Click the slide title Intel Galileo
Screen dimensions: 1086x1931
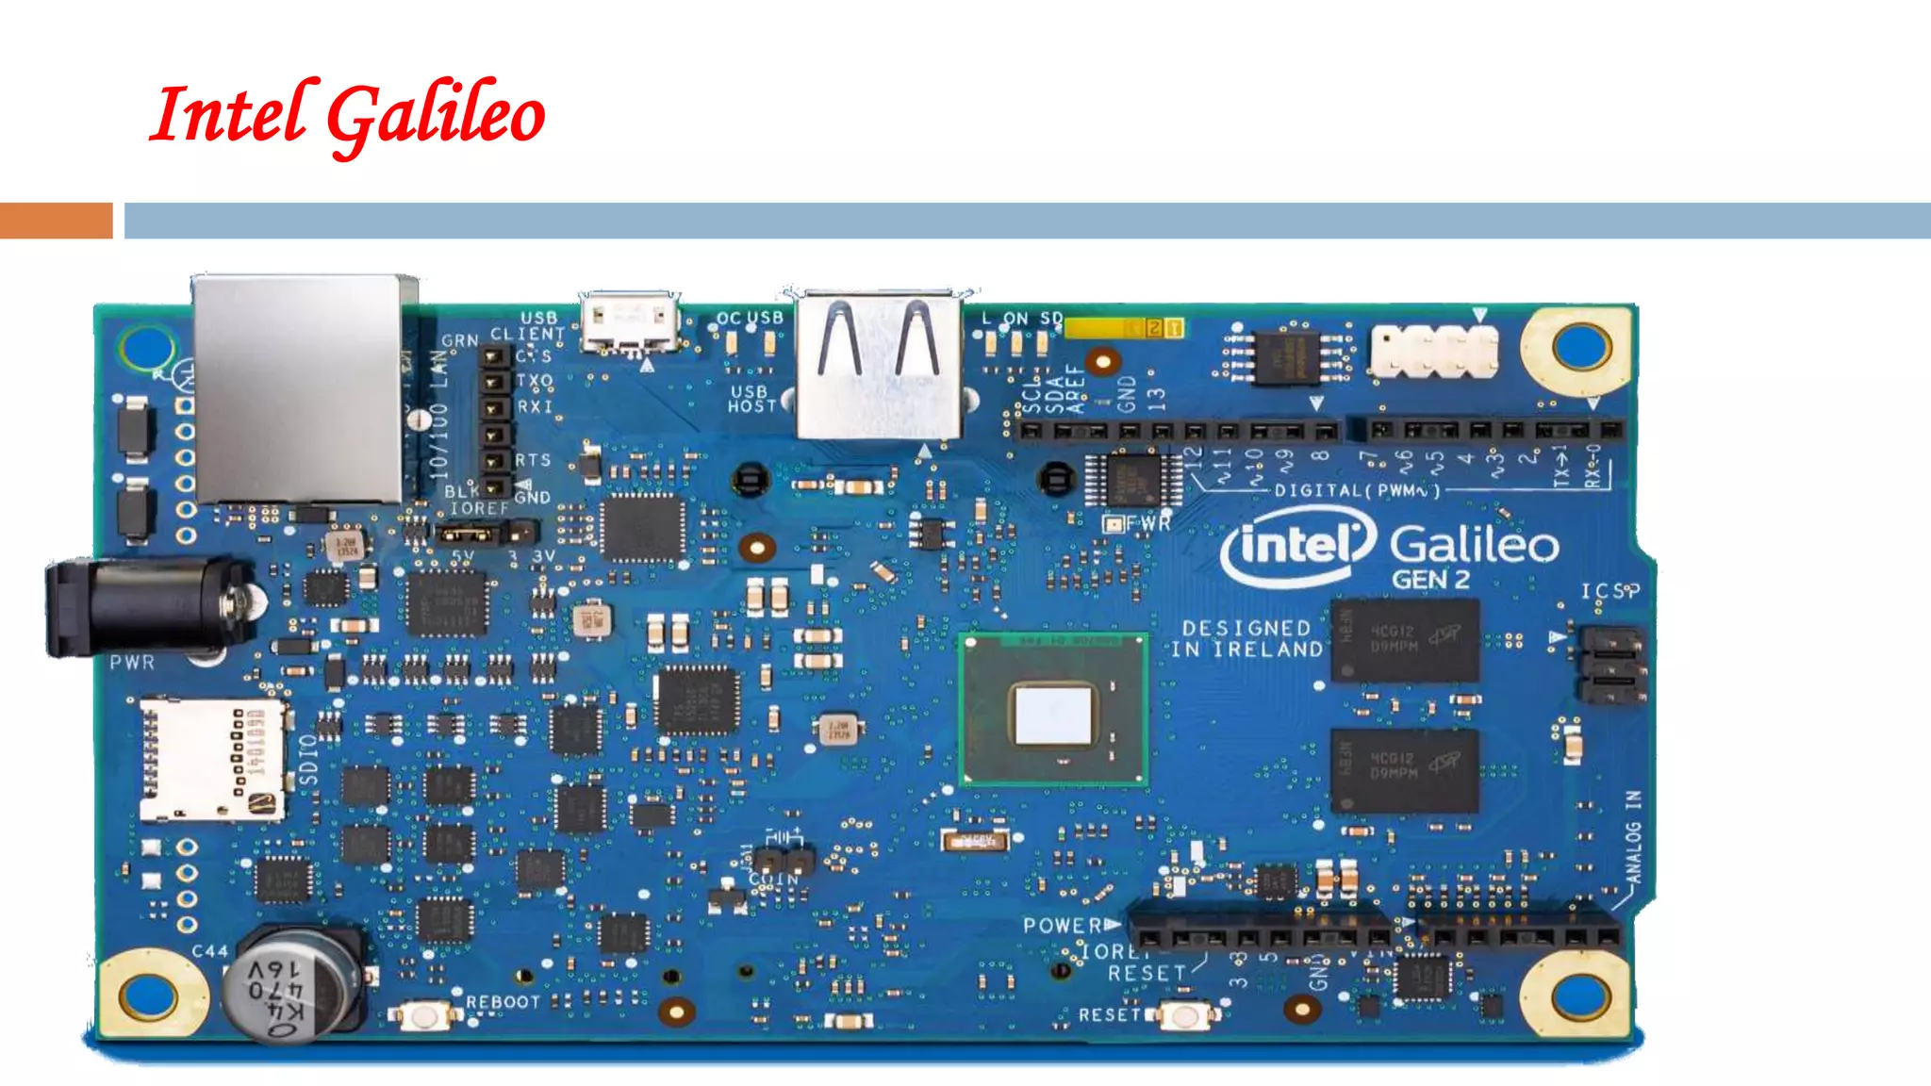click(x=347, y=115)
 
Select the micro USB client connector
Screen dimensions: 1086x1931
click(x=630, y=321)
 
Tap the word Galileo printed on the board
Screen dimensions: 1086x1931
click(x=1474, y=545)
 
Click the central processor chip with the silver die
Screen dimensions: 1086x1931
click(x=1053, y=710)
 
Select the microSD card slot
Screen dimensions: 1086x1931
click(x=211, y=759)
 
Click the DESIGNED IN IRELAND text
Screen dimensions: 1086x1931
click(x=1246, y=638)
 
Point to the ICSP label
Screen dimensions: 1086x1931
click(x=1609, y=591)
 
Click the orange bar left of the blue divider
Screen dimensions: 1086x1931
click(x=56, y=221)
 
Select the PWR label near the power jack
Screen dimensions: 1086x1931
click(x=132, y=663)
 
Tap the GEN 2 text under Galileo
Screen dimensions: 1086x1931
click(x=1430, y=580)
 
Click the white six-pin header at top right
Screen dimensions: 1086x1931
click(x=1433, y=351)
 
